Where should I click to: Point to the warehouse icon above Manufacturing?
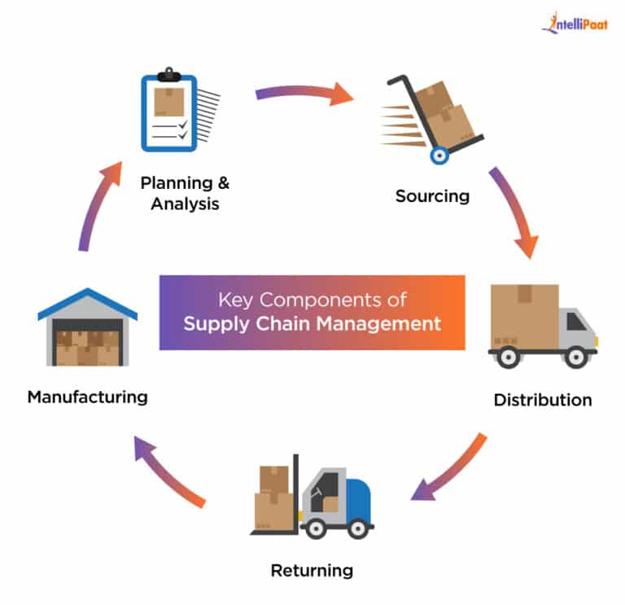tap(88, 329)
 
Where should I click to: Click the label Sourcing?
tap(432, 195)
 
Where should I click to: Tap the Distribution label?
tap(542, 400)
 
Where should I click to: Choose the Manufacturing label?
tap(87, 397)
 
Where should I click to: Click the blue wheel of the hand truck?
tap(439, 155)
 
